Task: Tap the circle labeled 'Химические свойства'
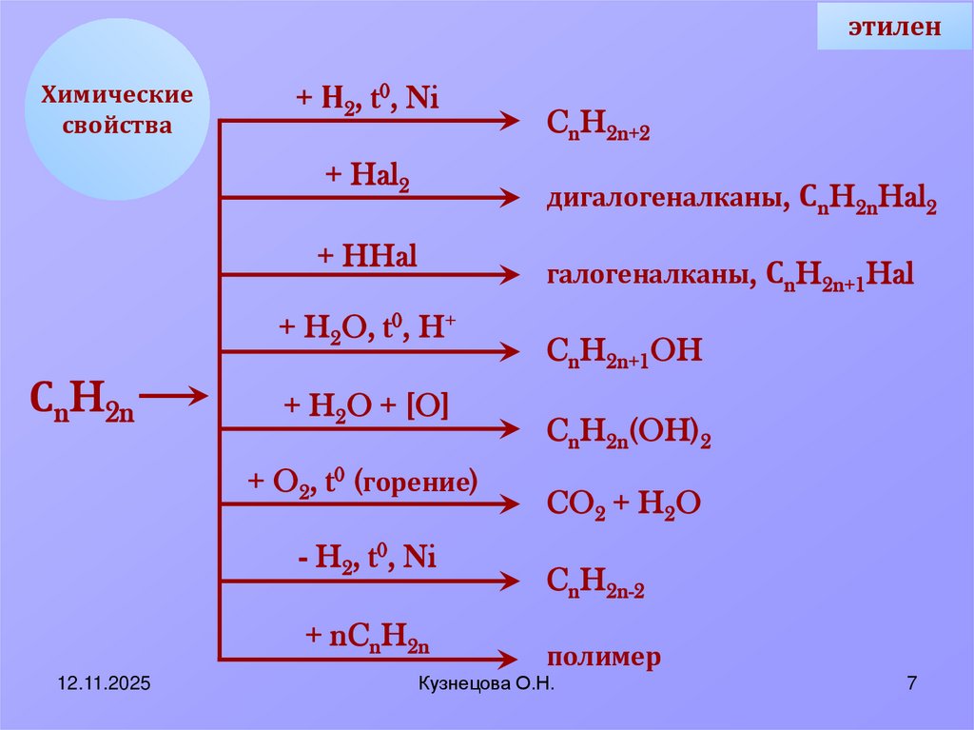pos(116,110)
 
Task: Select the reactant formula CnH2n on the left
pos(82,399)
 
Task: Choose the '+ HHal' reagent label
pos(367,256)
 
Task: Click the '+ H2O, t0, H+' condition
pos(367,328)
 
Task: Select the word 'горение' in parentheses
pos(416,483)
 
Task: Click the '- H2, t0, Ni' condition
pos(366,560)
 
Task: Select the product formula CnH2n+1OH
pos(624,353)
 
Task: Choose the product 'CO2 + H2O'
pos(624,504)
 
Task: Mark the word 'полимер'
pos(603,658)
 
